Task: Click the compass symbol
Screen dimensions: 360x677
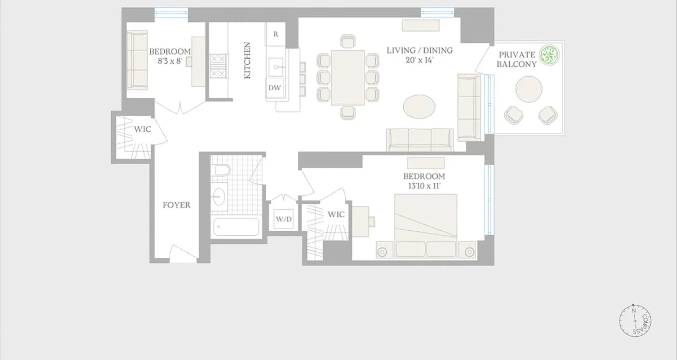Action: coord(635,321)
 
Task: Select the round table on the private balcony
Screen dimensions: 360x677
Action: coord(529,89)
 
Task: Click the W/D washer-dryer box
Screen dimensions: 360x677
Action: coord(284,219)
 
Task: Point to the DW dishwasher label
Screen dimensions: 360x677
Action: coord(274,88)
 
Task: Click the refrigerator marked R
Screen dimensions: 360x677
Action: coord(276,34)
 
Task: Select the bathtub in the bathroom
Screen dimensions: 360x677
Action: coord(236,227)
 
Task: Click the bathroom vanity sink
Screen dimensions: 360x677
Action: coord(219,196)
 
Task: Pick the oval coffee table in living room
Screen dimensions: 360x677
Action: coord(419,107)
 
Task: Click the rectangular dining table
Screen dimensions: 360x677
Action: coord(348,78)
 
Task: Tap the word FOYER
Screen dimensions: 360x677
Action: coord(176,205)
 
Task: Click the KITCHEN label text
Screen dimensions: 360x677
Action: coord(247,60)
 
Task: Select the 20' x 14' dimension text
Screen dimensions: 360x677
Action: coord(419,60)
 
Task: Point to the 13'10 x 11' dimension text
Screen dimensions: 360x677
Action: coord(424,186)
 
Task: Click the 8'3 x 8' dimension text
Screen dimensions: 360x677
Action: coord(170,61)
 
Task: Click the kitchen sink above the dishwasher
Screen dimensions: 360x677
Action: coord(275,68)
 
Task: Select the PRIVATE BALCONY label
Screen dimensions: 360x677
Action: coord(517,59)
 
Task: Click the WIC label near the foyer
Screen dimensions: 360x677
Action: coord(142,129)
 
